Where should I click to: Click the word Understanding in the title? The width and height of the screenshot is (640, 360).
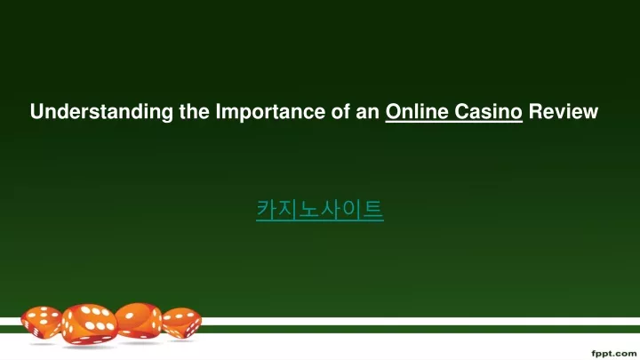coord(101,112)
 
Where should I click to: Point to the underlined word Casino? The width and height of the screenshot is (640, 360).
coord(488,111)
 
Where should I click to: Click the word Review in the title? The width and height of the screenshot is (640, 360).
coord(564,111)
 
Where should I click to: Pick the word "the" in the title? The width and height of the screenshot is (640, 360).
coord(195,111)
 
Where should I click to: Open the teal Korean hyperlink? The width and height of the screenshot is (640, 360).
coord(320,210)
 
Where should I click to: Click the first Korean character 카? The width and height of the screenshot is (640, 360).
coord(267,210)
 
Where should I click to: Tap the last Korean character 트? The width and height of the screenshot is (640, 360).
coord(372,210)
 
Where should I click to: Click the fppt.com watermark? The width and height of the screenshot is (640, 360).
coord(614,353)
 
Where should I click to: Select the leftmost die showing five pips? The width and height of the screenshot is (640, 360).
coord(42,322)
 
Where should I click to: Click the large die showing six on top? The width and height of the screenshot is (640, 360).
coord(90,324)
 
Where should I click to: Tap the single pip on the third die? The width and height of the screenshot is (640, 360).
coord(130,316)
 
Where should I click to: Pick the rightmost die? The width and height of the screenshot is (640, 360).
coord(181,323)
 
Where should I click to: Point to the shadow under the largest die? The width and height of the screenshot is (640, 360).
coord(90,347)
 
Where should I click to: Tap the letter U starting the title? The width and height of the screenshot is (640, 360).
coord(37,111)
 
